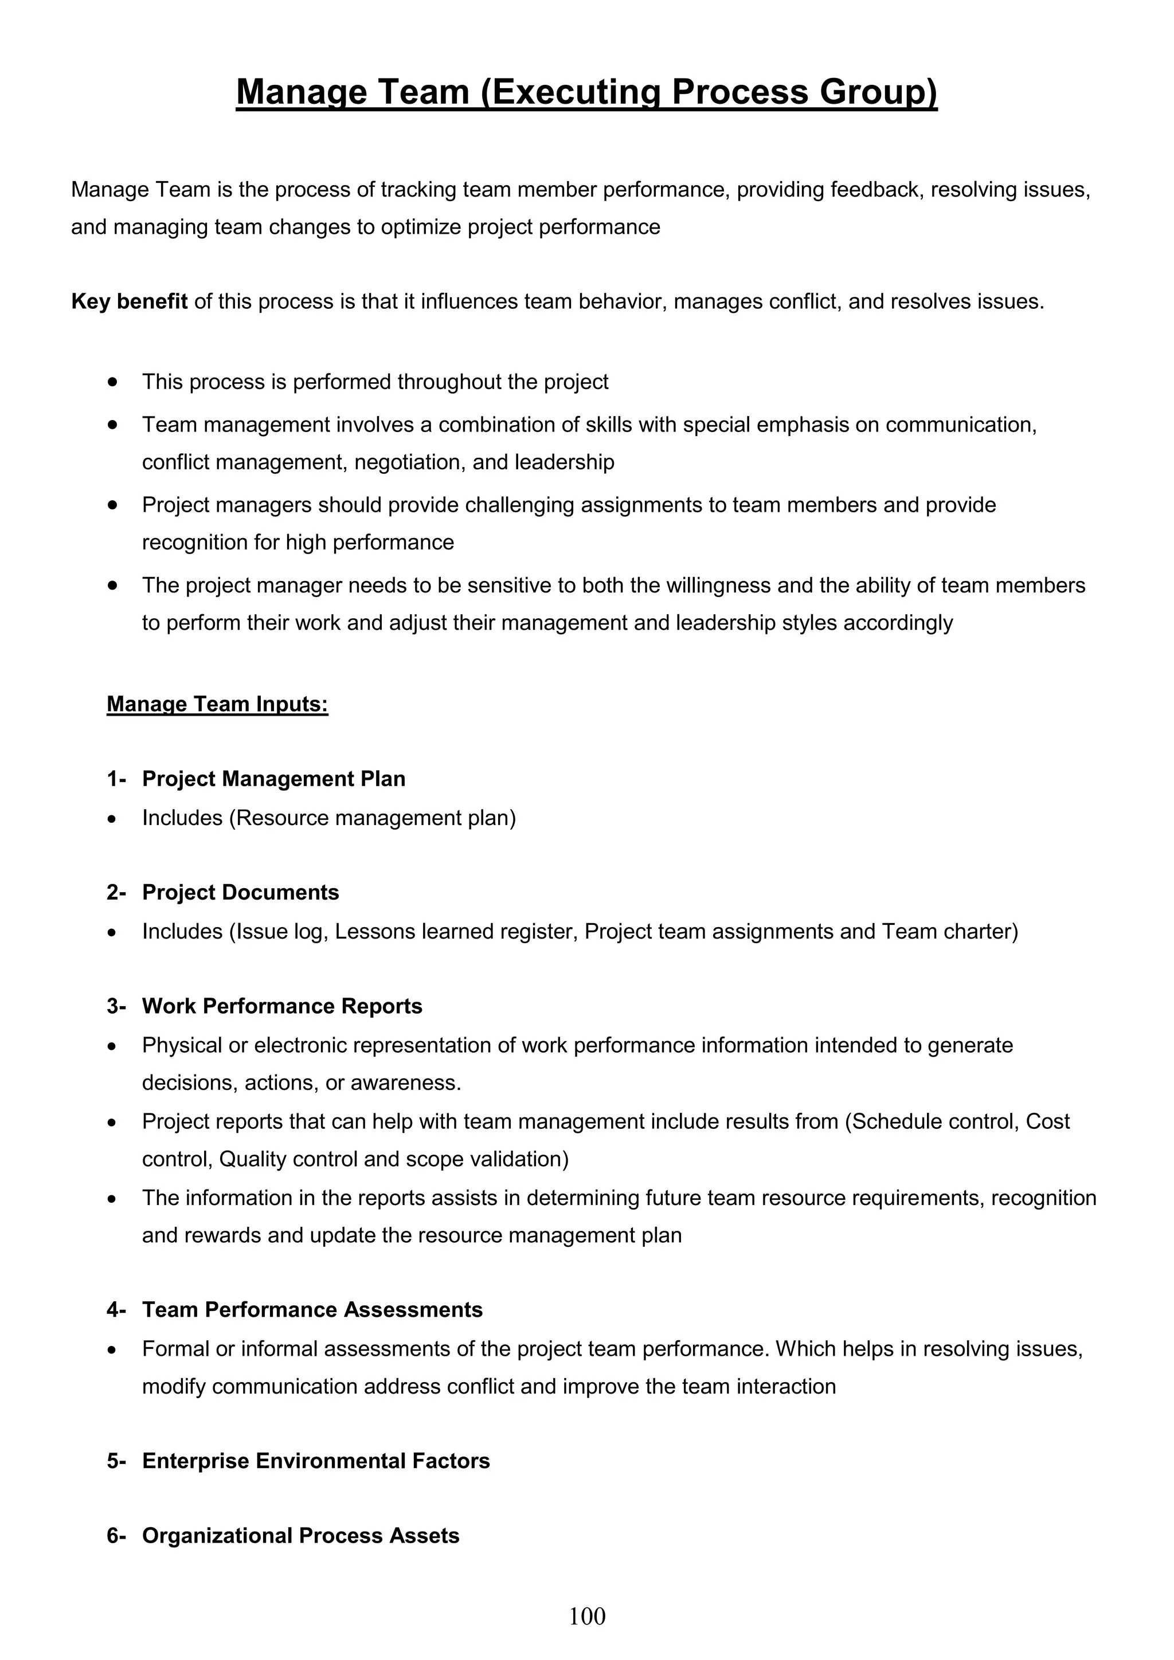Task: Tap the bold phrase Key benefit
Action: click(x=130, y=301)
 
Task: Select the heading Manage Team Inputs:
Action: click(x=217, y=704)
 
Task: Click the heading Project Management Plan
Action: click(x=273, y=779)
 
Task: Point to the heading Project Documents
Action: click(x=240, y=892)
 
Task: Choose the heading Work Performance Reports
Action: click(x=282, y=1006)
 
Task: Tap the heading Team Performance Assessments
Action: click(x=312, y=1309)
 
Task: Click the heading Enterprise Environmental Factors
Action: click(x=315, y=1461)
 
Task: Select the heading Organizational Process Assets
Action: click(x=300, y=1536)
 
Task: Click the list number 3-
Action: click(x=116, y=1006)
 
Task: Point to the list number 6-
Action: click(x=116, y=1536)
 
